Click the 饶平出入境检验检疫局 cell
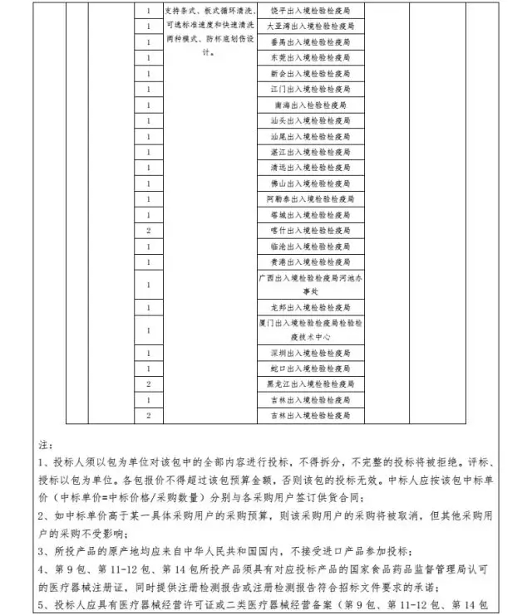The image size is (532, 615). coord(310,12)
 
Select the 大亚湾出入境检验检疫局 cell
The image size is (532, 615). coord(310,27)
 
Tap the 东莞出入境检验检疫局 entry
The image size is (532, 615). coord(310,58)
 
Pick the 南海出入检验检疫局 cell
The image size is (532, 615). coord(310,105)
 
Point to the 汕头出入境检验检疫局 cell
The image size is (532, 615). coord(310,121)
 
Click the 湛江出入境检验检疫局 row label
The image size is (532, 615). coord(310,153)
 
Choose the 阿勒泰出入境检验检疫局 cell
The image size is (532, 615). coord(310,200)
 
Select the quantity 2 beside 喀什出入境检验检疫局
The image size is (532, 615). coord(148,231)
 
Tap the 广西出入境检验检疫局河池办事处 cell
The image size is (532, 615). coord(310,285)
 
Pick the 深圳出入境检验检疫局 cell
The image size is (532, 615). coord(310,353)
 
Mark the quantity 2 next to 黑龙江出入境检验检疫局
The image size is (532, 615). coord(148,384)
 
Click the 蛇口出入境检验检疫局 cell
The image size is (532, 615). coord(310,369)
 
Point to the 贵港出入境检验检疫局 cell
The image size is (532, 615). coord(310,262)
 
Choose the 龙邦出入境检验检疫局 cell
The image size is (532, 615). coord(310,307)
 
